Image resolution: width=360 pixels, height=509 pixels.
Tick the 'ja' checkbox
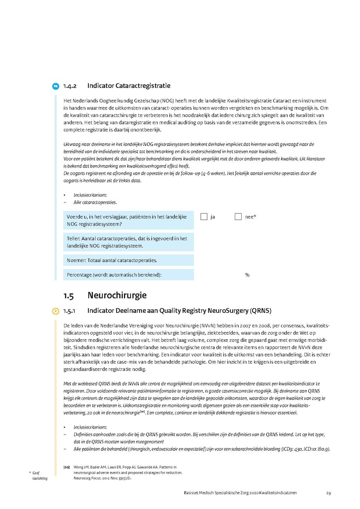coord(204,217)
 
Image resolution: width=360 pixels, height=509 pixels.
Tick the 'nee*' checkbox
coord(238,217)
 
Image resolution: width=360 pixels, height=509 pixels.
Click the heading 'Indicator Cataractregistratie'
coord(129,86)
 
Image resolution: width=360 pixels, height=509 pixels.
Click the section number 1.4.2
coord(70,86)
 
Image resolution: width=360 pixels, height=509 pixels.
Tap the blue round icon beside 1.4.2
coord(56,86)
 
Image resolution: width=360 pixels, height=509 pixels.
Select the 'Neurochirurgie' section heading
coord(117,295)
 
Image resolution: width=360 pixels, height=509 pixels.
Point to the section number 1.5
coord(68,296)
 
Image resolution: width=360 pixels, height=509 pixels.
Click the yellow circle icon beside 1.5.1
coord(56,311)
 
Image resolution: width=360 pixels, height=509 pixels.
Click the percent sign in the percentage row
coord(247,275)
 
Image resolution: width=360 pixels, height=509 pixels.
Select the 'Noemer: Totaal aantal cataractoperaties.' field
coord(128,260)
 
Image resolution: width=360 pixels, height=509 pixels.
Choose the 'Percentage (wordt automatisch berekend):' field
coord(128,275)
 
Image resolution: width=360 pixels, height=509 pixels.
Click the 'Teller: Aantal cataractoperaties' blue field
coord(128,242)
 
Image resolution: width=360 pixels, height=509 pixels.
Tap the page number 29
coord(328,493)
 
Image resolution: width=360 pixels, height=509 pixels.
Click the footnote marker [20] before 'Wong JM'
coord(66,467)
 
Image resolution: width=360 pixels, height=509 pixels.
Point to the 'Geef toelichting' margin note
coord(39,476)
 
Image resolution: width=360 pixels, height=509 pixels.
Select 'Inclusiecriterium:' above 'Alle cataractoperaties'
coord(90,195)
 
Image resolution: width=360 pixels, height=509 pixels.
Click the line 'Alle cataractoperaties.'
coord(95,202)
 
